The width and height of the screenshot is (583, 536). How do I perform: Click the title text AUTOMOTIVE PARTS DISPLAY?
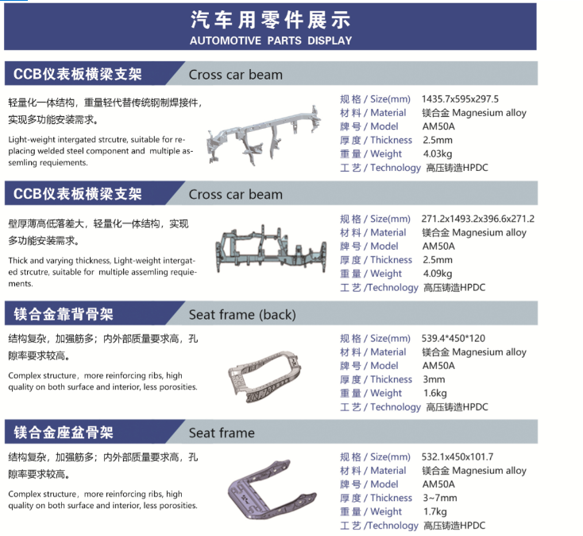click(271, 41)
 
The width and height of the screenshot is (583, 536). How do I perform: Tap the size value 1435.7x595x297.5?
click(460, 99)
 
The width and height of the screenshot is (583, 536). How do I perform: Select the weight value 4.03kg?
click(437, 153)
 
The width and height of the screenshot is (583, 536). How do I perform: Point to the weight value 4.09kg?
click(437, 274)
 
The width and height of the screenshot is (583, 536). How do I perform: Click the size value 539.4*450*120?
click(454, 338)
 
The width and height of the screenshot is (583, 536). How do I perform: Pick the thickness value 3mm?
click(434, 379)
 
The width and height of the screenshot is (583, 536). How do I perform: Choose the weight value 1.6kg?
click(434, 393)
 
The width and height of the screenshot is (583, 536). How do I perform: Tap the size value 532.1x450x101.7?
click(458, 456)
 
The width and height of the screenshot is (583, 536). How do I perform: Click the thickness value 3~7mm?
click(440, 498)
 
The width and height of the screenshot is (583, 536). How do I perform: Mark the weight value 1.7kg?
click(434, 511)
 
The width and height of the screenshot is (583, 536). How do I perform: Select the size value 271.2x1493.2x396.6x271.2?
click(478, 219)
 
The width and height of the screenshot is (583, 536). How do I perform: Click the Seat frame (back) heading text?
click(242, 315)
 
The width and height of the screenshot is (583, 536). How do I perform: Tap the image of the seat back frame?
click(264, 376)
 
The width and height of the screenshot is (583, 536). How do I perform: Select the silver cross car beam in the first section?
click(263, 136)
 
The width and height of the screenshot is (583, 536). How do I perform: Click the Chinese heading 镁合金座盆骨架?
click(64, 433)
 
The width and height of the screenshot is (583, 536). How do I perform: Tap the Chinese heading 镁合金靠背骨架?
click(64, 314)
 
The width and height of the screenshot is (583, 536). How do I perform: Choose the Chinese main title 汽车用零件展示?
click(271, 19)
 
